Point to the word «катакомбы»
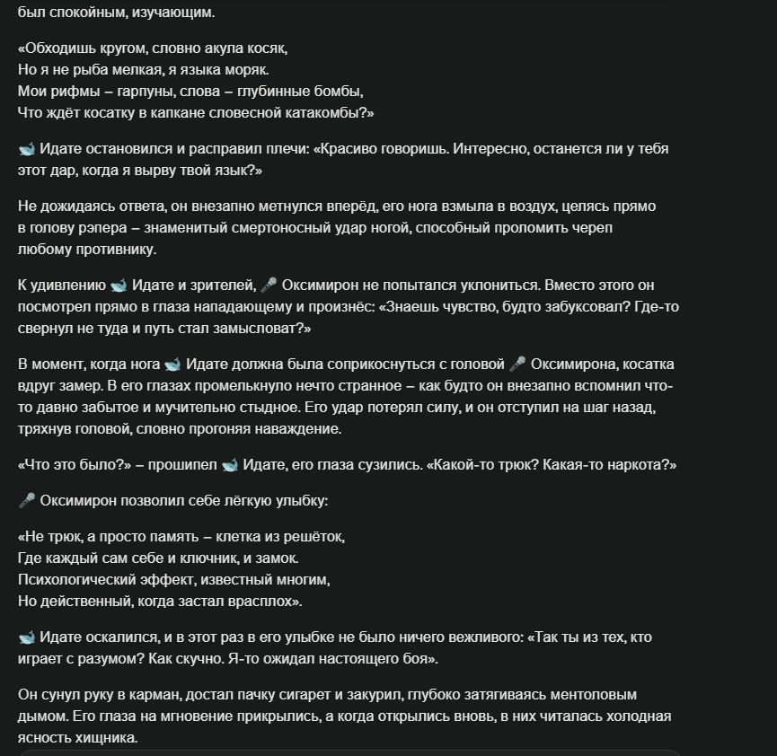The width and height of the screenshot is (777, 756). (x=325, y=113)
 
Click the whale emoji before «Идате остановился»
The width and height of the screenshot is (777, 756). (x=27, y=149)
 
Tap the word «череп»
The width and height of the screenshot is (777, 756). (x=593, y=228)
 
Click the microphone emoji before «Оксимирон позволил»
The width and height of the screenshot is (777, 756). (x=27, y=501)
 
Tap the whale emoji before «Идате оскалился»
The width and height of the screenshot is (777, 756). (x=27, y=637)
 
